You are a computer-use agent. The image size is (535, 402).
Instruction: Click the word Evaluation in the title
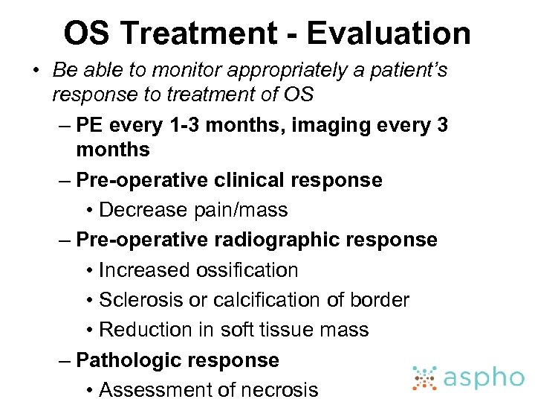(x=389, y=33)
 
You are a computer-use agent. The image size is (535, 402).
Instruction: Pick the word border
(x=377, y=299)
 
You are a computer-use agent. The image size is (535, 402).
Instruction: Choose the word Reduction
(x=146, y=329)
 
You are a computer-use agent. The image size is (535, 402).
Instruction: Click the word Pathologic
(x=125, y=360)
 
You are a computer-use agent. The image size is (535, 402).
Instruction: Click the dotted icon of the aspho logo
(x=425, y=377)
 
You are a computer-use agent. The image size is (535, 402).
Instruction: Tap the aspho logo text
(x=483, y=378)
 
